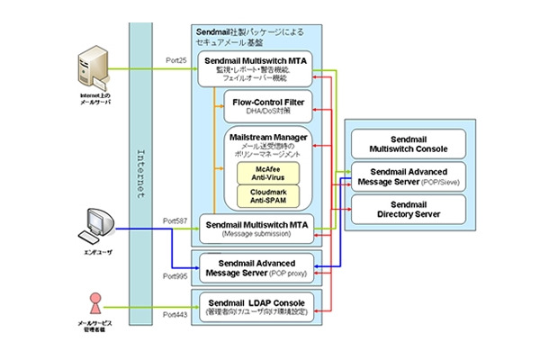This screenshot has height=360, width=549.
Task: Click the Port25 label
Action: pyautogui.click(x=176, y=59)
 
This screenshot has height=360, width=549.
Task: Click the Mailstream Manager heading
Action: pyautogui.click(x=267, y=138)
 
